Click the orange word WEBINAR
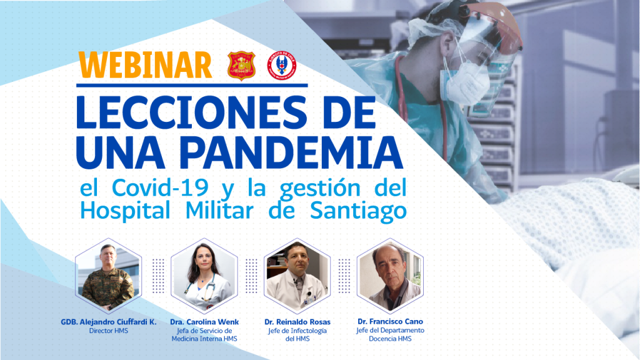[145, 65]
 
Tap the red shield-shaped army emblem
[241, 65]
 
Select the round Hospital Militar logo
[282, 65]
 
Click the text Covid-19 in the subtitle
[160, 187]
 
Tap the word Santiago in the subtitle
[358, 211]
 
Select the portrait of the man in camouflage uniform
[108, 276]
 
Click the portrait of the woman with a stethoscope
[204, 276]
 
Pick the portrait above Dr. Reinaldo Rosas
[297, 276]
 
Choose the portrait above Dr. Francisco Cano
[390, 276]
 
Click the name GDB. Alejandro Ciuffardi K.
[109, 322]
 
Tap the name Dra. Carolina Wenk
[204, 322]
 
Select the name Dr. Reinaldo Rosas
[297, 322]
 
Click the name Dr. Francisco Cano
[390, 321]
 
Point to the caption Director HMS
[109, 331]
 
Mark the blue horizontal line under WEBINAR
[192, 85]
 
